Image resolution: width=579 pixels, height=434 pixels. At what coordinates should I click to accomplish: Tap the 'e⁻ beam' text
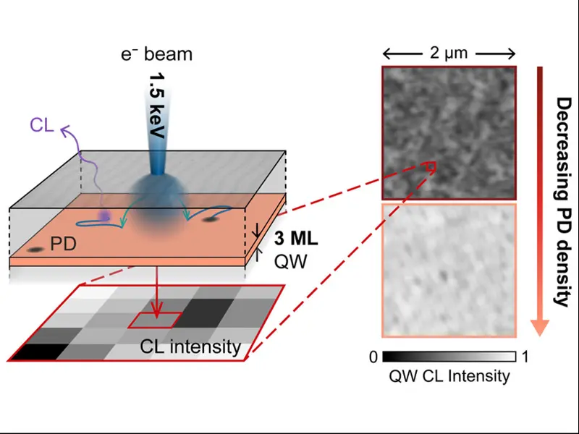tap(156, 56)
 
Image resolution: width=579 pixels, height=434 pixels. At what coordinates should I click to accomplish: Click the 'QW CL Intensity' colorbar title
tap(449, 376)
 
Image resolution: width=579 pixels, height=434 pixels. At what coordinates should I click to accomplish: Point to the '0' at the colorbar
tap(371, 357)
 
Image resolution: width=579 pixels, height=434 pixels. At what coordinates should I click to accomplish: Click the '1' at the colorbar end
tap(525, 357)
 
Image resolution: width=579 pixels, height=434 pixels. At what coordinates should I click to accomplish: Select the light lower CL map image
tap(449, 269)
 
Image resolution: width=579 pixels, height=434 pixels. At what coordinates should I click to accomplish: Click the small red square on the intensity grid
tap(155, 319)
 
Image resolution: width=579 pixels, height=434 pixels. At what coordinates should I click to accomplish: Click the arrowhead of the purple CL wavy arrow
tap(64, 128)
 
